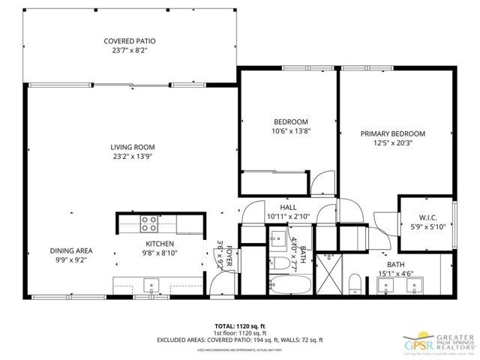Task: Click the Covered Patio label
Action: (x=130, y=41)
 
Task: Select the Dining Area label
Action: (x=71, y=251)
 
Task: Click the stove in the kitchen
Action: (x=149, y=222)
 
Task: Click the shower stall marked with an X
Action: (x=328, y=275)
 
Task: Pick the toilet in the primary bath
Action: (x=356, y=283)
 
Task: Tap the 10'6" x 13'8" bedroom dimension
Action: (x=289, y=130)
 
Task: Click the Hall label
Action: (x=289, y=208)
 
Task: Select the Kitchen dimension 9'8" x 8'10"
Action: (x=160, y=253)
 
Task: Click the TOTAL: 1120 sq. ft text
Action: (x=240, y=326)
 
